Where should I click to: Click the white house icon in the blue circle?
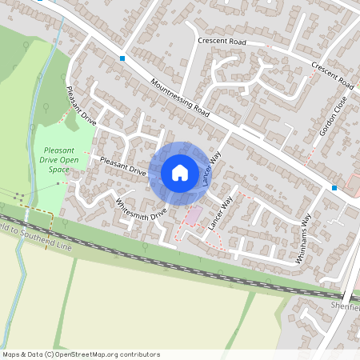coord(180,172)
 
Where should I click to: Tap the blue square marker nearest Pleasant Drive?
coord(122,58)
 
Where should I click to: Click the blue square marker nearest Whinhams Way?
coord(334,187)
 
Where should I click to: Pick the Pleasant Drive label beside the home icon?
coord(123,166)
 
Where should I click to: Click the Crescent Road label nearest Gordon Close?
coord(332,76)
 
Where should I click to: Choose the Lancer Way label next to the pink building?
coord(218,214)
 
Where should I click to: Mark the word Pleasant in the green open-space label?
coord(60,150)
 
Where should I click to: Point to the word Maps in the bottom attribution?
coord(11,354)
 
